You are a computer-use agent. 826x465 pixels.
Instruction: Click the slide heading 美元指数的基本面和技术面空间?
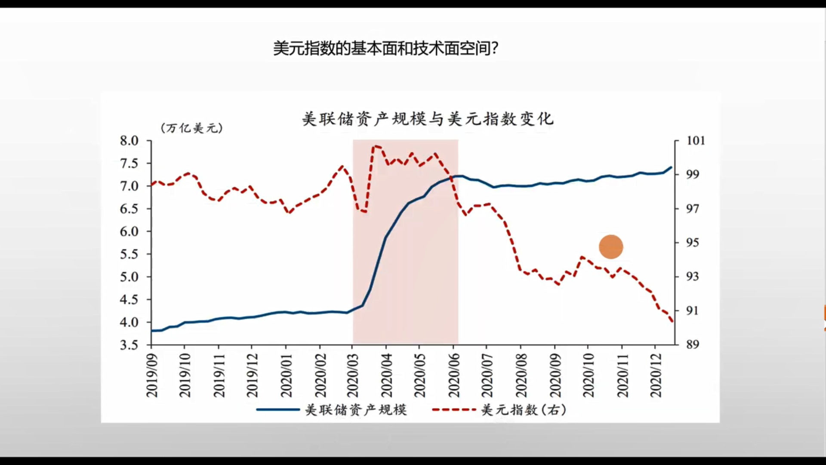pyautogui.click(x=386, y=48)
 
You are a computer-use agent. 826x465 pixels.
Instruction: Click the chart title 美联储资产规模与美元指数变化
pyautogui.click(x=428, y=119)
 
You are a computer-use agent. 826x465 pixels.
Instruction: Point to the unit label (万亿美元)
pyautogui.click(x=192, y=128)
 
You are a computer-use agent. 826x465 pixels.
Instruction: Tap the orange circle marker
pyautogui.click(x=611, y=247)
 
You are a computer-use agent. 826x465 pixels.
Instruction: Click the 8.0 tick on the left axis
pyautogui.click(x=129, y=141)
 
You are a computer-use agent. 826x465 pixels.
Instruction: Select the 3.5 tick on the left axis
pyautogui.click(x=129, y=345)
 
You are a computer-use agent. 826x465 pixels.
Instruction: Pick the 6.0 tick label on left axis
pyautogui.click(x=129, y=232)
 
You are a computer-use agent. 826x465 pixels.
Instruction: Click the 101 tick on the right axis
pyautogui.click(x=695, y=141)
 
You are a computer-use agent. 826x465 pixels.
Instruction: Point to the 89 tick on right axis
pyautogui.click(x=692, y=344)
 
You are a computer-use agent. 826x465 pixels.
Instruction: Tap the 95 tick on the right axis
pyautogui.click(x=692, y=243)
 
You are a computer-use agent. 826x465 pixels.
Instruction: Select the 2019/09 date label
pyautogui.click(x=152, y=375)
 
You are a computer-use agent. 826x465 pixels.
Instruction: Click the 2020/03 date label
pyautogui.click(x=353, y=375)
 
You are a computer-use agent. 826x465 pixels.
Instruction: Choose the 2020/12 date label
pyautogui.click(x=656, y=375)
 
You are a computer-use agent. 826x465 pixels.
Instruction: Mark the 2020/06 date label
pyautogui.click(x=454, y=375)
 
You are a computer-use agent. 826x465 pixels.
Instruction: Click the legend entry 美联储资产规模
pyautogui.click(x=356, y=409)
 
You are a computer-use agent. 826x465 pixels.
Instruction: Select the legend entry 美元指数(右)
pyautogui.click(x=523, y=409)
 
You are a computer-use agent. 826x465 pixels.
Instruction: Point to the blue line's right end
pyautogui.click(x=671, y=167)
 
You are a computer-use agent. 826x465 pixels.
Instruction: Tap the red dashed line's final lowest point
pyautogui.click(x=672, y=321)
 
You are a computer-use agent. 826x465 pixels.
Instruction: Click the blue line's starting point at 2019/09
pyautogui.click(x=152, y=331)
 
